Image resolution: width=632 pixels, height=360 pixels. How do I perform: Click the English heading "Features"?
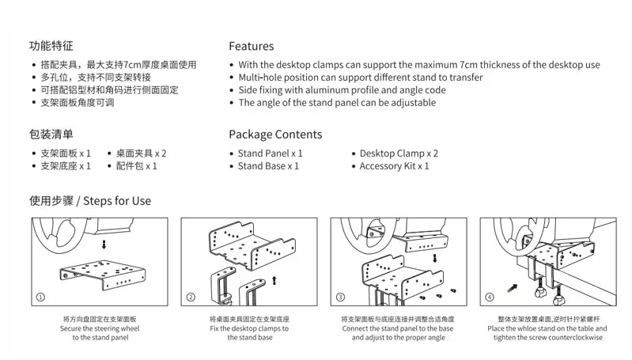click(x=251, y=46)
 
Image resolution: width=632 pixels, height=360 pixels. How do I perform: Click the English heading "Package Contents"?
click(x=275, y=134)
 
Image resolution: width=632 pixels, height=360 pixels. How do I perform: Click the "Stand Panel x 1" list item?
click(x=270, y=153)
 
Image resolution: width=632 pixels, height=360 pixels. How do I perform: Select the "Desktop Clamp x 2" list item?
click(x=398, y=153)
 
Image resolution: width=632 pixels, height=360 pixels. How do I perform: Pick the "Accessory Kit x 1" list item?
click(x=394, y=166)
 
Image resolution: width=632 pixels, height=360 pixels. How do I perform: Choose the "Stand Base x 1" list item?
click(x=268, y=166)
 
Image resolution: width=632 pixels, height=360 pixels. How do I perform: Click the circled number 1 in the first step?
click(x=40, y=297)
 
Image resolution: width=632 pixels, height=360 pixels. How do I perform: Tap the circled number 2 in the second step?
click(x=191, y=297)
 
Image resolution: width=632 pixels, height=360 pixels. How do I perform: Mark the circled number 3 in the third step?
click(x=341, y=297)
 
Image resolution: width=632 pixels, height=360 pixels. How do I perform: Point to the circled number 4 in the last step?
click(x=490, y=297)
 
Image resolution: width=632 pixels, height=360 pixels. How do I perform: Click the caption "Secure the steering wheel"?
click(x=98, y=328)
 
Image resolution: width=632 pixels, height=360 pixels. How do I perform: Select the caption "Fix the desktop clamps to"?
click(x=249, y=328)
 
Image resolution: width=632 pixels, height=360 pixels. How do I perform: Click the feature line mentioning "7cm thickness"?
click(x=418, y=65)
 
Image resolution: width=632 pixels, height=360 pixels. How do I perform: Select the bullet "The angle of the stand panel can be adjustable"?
click(x=337, y=103)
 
